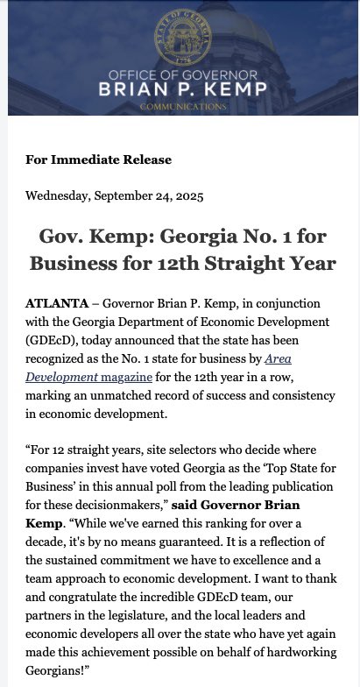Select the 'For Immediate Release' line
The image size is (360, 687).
tap(98, 159)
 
